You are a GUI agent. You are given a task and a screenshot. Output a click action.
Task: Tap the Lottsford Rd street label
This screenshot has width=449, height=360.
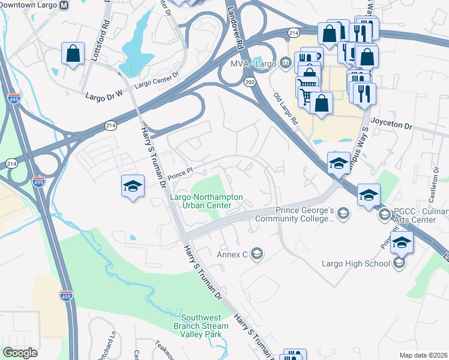pyautogui.click(x=106, y=34)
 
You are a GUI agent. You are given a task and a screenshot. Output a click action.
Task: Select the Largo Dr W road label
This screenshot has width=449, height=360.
pyautogui.click(x=104, y=95)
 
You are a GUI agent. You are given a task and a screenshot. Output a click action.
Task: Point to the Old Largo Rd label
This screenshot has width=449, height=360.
pyautogui.click(x=286, y=109)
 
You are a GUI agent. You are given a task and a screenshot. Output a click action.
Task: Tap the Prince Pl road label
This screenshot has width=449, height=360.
pyautogui.click(x=179, y=174)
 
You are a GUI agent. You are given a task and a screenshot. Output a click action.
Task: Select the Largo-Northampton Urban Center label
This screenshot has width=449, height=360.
pyautogui.click(x=207, y=201)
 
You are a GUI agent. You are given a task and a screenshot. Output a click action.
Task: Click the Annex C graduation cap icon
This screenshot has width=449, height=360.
pyautogui.click(x=257, y=254)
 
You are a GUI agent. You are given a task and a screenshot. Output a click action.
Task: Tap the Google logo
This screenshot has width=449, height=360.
pyautogui.click(x=20, y=352)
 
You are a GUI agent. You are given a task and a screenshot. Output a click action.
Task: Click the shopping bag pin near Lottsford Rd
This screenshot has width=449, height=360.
pyautogui.click(x=73, y=53)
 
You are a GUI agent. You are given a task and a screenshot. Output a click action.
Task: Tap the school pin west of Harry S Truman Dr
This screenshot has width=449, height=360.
pyautogui.click(x=133, y=185)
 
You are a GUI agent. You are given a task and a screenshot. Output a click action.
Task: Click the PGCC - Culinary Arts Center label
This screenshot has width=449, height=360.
pyautogui.click(x=414, y=215)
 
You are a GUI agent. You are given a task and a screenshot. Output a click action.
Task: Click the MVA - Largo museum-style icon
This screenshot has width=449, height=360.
pyautogui.click(x=285, y=62)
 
